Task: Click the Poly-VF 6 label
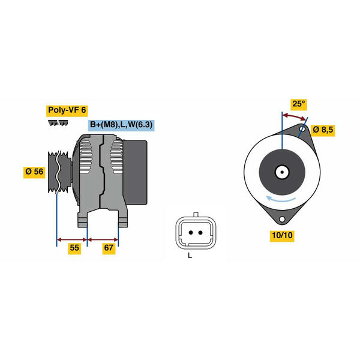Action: coord(67,110)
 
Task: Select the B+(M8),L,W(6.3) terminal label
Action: coord(121,125)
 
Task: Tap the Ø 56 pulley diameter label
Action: coord(34,172)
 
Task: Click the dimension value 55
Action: coord(74,248)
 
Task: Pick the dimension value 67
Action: coord(109,248)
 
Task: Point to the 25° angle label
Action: coord(298,104)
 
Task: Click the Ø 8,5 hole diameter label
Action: coord(323,130)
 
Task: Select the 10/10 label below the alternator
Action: coord(282,236)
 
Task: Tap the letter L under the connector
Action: coord(190,256)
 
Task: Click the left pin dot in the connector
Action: coord(191,233)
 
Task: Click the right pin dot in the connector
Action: coord(200,233)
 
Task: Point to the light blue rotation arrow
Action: coord(280,199)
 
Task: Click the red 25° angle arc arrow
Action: coord(295,116)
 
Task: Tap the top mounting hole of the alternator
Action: coord(302,129)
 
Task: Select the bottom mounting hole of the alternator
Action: coord(282,219)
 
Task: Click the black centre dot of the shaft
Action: coord(282,172)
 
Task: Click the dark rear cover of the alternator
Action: coord(136,172)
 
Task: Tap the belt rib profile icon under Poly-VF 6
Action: coord(58,123)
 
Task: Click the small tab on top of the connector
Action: coord(196,214)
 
